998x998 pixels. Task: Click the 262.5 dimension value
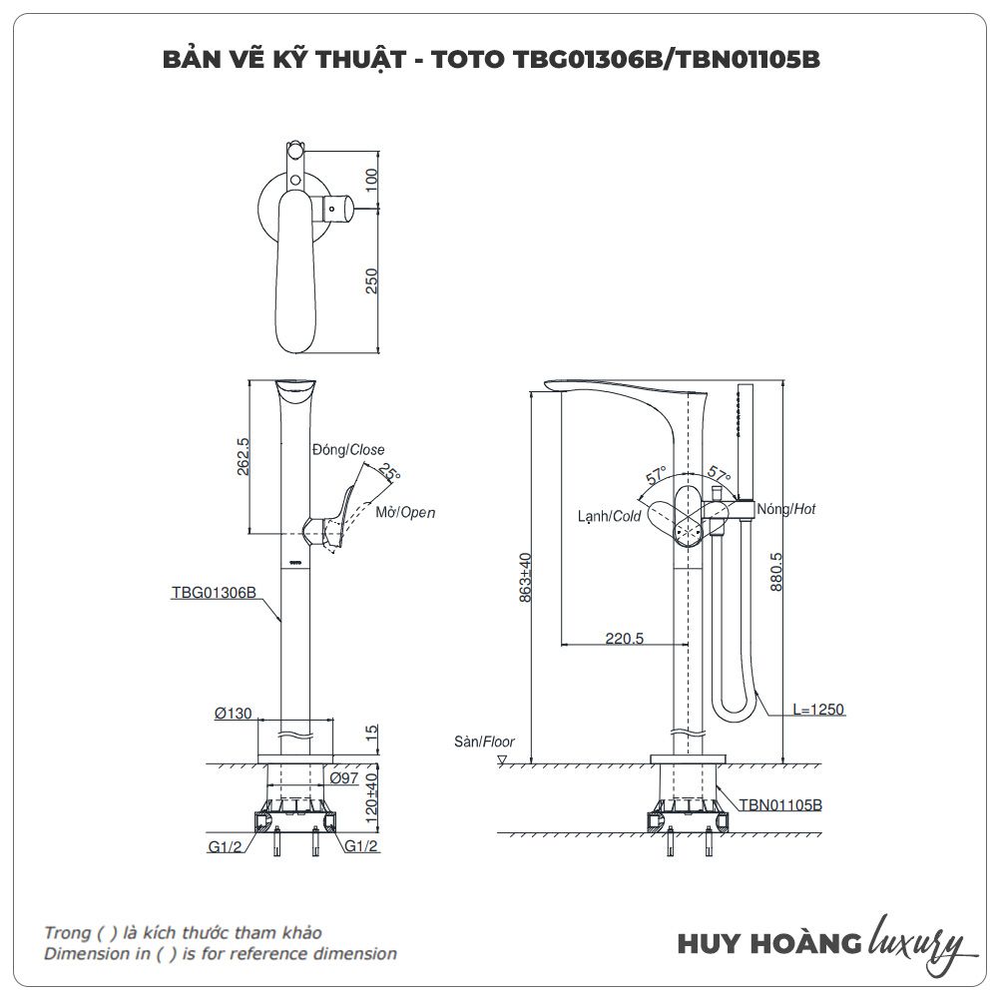243,455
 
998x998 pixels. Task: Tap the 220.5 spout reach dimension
625,639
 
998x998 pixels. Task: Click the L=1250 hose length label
818,710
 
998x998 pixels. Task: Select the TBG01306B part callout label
214,592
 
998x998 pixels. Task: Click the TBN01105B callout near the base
780,803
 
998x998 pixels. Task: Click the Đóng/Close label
347,450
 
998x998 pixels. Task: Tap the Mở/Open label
405,513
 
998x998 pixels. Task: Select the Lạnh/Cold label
609,516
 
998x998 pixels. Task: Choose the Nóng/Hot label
786,509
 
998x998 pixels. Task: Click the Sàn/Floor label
484,742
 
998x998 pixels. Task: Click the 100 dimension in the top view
371,181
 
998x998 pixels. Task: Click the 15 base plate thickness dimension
371,733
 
